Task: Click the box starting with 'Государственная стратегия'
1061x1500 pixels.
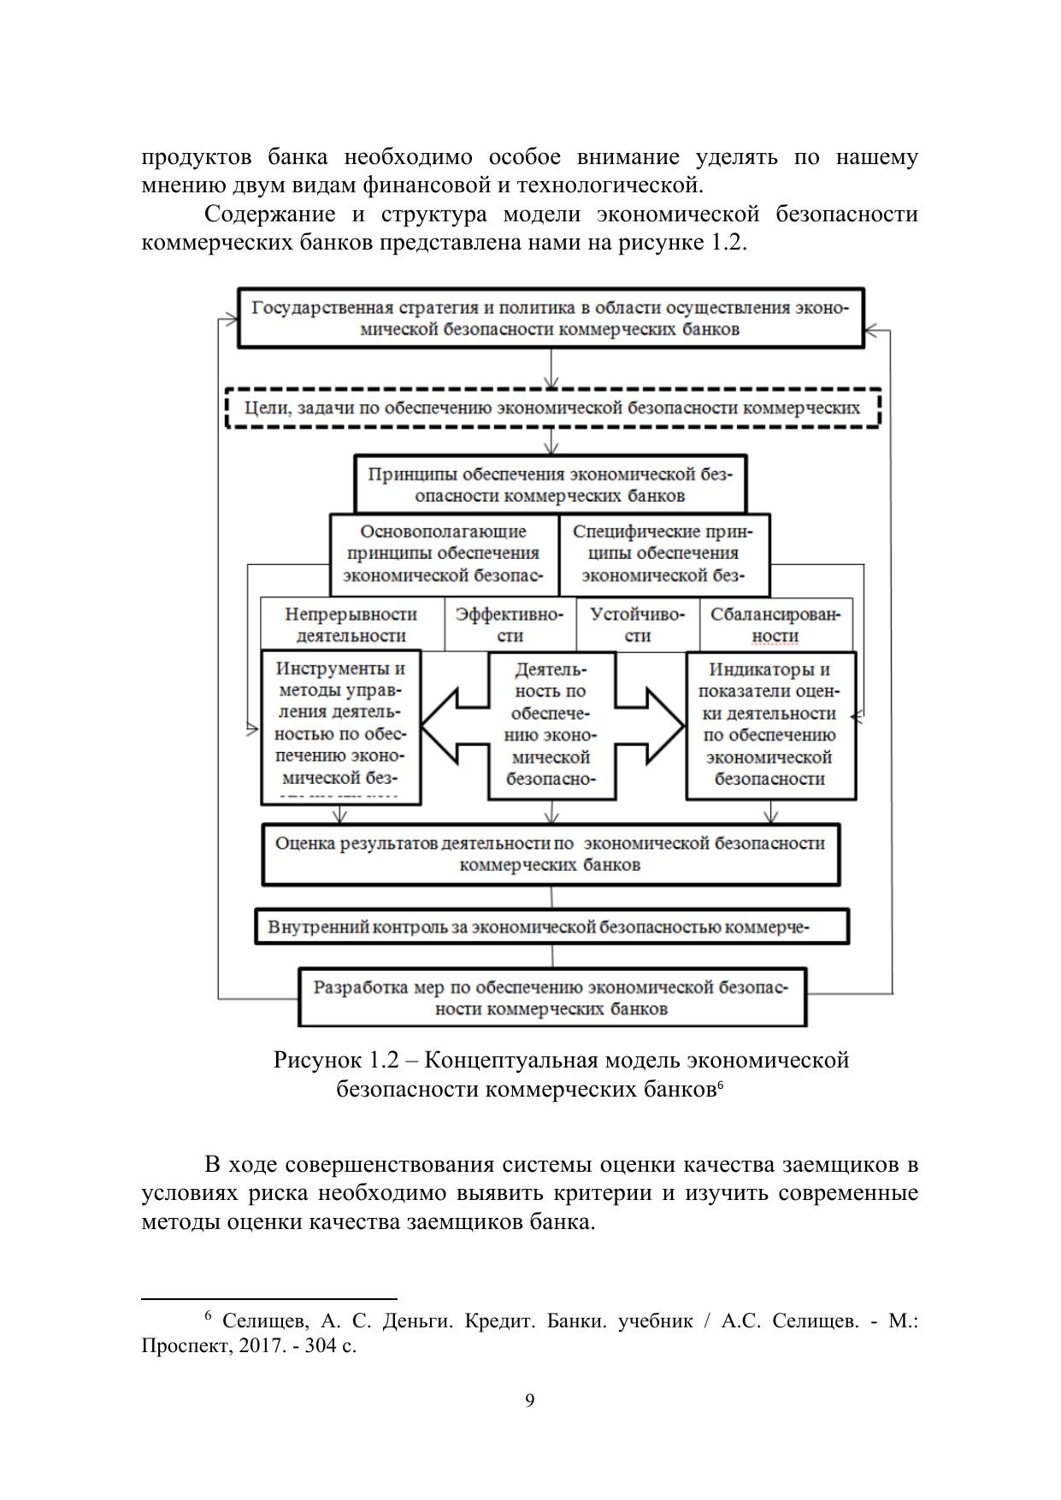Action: [550, 318]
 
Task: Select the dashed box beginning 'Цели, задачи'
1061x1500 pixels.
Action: [552, 409]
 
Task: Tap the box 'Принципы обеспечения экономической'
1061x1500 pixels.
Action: [551, 485]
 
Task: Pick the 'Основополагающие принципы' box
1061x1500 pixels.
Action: [444, 554]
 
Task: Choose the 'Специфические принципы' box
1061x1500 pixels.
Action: [663, 554]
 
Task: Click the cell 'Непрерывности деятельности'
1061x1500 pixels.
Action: [351, 625]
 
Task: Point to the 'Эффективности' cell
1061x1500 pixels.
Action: [510, 625]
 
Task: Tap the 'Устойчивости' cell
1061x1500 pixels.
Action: [638, 625]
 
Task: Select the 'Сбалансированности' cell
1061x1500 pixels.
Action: [775, 625]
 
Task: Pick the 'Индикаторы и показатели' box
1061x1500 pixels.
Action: [770, 725]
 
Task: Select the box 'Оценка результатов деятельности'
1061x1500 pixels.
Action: [551, 854]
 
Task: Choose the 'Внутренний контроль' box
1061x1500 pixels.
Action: [551, 926]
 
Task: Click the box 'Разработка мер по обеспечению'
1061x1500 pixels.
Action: [551, 997]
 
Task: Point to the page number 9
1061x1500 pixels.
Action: [530, 1400]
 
